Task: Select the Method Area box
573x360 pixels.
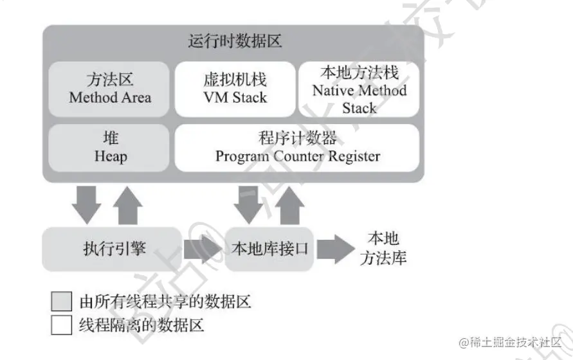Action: point(109,89)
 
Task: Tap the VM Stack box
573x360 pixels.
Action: point(234,89)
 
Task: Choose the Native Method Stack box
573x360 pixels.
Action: point(359,89)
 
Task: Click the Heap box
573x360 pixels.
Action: point(109,148)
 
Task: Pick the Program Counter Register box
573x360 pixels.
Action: point(297,148)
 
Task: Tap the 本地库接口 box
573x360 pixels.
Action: point(269,248)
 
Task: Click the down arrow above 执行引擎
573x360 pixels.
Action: point(86,203)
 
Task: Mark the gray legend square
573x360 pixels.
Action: point(62,301)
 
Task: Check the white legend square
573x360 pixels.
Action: point(62,325)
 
